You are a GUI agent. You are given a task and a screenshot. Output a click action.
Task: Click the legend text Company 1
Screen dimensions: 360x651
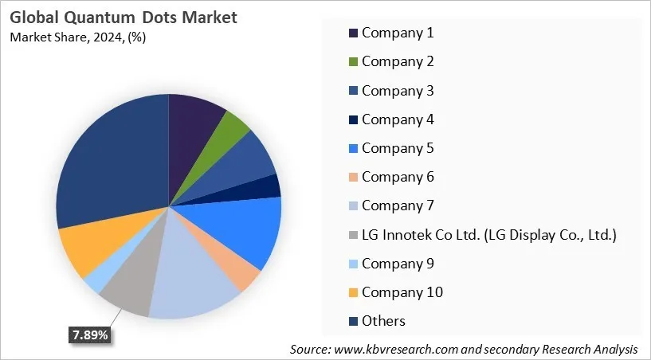(x=397, y=33)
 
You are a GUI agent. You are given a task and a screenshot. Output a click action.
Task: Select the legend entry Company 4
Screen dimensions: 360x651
(x=397, y=119)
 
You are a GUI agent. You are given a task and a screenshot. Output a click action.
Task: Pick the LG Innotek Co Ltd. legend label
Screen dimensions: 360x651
(x=488, y=234)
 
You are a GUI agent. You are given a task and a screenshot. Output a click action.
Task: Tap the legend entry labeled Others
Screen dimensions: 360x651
(x=383, y=321)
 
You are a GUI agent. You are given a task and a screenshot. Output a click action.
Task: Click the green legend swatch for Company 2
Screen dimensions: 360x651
(x=352, y=62)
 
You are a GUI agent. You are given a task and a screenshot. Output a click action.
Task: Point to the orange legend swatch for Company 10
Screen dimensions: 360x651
(x=352, y=292)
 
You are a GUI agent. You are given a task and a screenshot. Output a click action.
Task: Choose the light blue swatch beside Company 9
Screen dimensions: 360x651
(x=352, y=264)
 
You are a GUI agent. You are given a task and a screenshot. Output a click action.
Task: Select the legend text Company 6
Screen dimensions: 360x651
(x=397, y=177)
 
